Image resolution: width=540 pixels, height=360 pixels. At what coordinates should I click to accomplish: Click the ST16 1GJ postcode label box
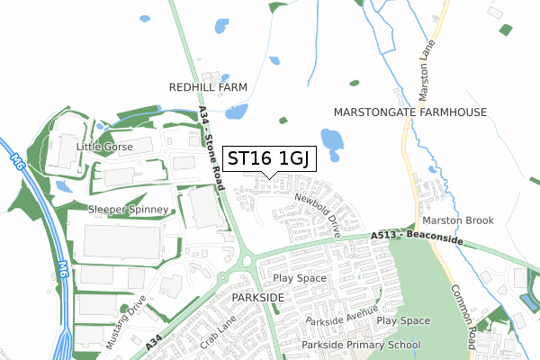coord(268,158)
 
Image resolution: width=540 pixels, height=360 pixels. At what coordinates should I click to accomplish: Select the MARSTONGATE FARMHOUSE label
coord(409,112)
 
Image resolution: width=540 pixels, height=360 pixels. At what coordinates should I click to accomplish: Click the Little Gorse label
coord(104,147)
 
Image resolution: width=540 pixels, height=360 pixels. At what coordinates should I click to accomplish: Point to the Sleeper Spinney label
coord(128,210)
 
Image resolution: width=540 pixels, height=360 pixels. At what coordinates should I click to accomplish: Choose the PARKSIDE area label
coord(257,296)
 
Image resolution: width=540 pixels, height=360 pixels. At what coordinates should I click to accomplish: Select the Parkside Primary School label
coord(361,345)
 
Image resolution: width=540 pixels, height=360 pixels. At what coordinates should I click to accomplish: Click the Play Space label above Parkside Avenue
coord(300,278)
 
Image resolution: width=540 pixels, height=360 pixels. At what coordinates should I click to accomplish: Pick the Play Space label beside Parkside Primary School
coord(403,320)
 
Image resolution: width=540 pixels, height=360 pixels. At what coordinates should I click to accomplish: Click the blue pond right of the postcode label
coord(332,141)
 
